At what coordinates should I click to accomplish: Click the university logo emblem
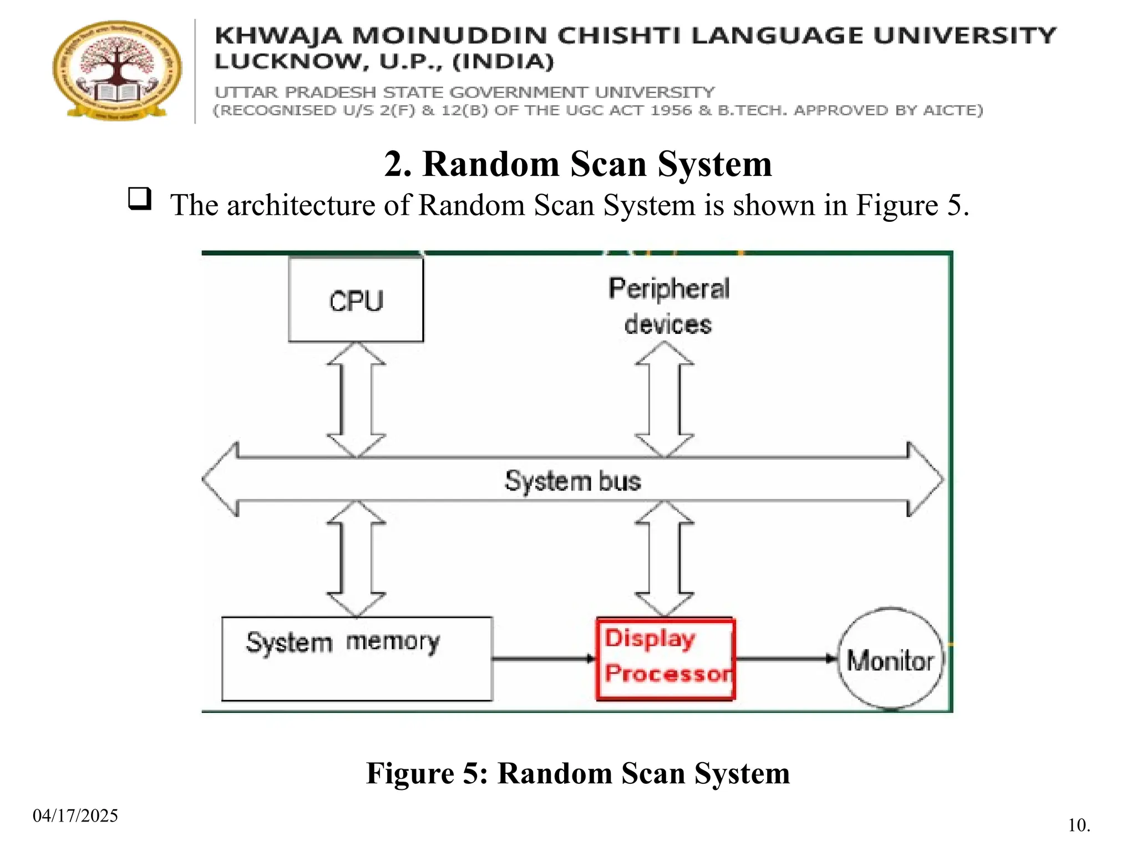point(117,70)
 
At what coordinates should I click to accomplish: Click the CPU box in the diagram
point(356,300)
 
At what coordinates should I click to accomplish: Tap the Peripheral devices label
point(668,306)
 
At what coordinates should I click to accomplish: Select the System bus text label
point(572,481)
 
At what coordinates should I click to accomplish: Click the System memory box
point(357,659)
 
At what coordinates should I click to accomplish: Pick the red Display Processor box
point(666,659)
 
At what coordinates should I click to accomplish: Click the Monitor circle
point(890,659)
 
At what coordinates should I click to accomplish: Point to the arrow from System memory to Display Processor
point(544,659)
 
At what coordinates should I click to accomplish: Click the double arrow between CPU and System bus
point(356,399)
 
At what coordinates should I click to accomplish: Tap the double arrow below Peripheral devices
point(664,399)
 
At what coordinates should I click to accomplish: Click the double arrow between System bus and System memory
point(356,559)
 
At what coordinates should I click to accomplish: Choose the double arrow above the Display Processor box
point(664,559)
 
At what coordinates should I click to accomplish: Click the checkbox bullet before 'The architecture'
point(140,198)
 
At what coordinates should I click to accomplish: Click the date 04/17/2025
point(75,815)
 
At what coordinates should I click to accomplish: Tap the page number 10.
point(1079,825)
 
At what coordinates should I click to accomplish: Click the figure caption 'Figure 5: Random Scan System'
point(578,773)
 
